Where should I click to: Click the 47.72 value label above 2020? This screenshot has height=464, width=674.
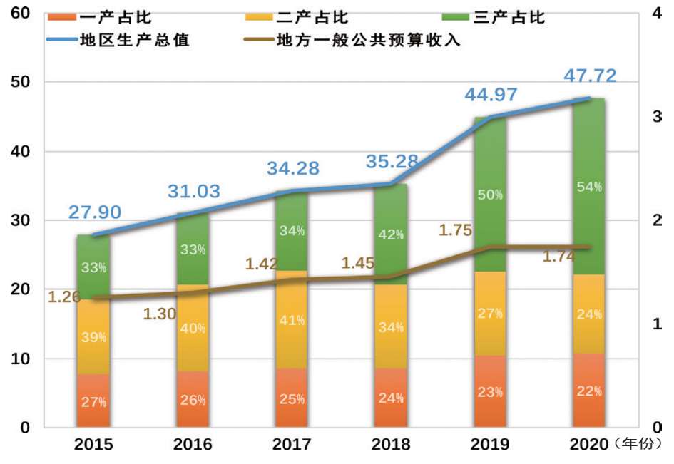pos(590,76)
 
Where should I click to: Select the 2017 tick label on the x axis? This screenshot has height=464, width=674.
pos(292,445)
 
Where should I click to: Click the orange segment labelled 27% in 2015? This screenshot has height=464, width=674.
pos(94,401)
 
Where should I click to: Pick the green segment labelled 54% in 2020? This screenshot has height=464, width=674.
pos(589,187)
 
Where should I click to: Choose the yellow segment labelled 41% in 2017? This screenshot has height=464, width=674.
pos(292,321)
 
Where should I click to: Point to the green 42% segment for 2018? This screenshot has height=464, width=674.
pos(391,234)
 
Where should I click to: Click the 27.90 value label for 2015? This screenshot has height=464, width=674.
pos(95,212)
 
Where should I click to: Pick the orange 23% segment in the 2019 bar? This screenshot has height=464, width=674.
pos(491,391)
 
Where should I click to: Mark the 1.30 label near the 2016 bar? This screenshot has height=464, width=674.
pos(158,314)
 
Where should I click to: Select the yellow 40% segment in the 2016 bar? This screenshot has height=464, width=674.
pos(193,329)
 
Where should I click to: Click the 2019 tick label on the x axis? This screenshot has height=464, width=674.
pos(490,445)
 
